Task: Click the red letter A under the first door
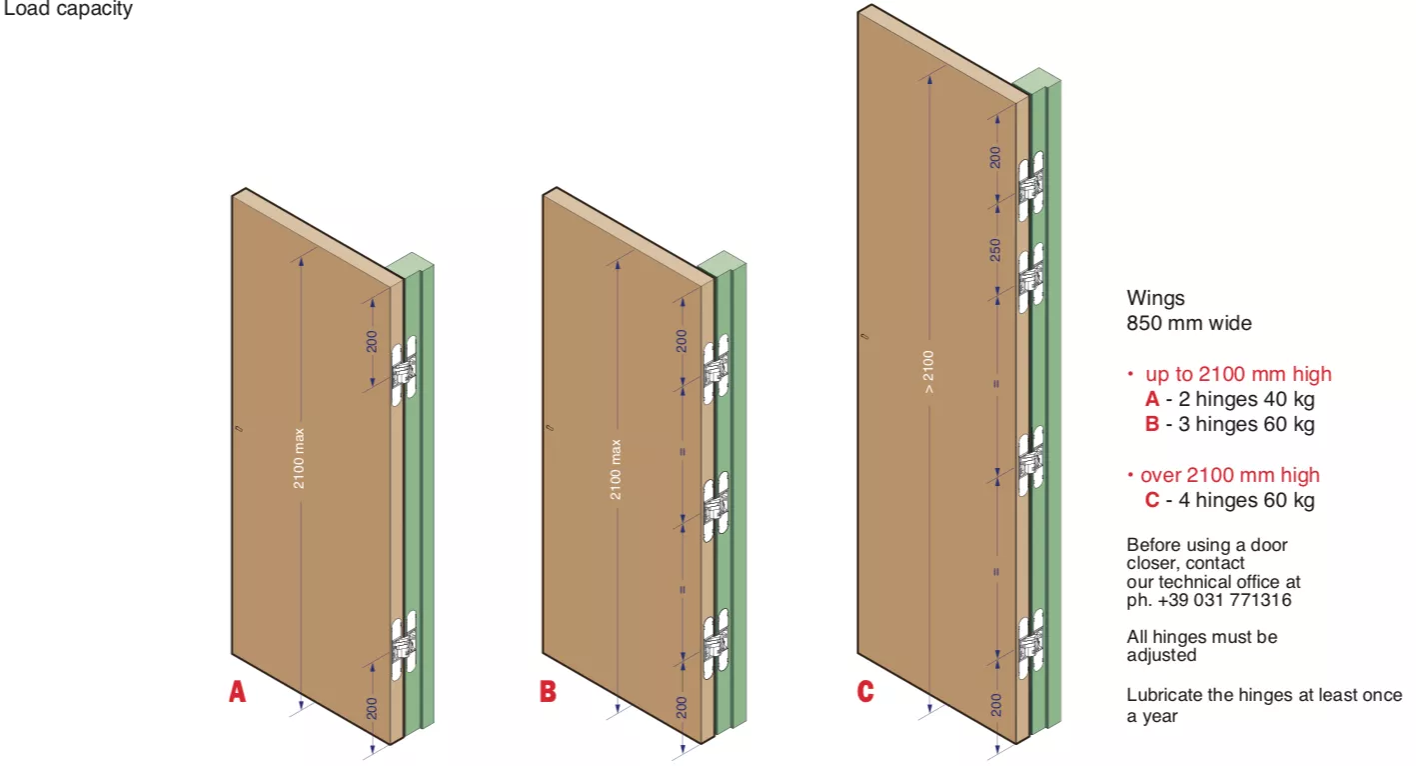[237, 691]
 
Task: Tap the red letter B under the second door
[548, 691]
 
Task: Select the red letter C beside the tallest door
[865, 691]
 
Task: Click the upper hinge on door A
[404, 371]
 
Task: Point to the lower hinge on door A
[404, 645]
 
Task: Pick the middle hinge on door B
[716, 507]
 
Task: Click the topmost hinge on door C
[1031, 186]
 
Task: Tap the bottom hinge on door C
[1031, 644]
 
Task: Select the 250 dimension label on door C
[995, 250]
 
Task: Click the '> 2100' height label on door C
[928, 372]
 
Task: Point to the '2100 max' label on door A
[299, 459]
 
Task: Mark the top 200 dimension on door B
[681, 341]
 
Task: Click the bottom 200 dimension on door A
[371, 708]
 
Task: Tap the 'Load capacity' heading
[68, 9]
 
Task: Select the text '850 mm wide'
[1189, 323]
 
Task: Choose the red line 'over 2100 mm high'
[1230, 475]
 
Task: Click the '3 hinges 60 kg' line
[1246, 424]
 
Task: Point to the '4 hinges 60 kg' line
[1246, 500]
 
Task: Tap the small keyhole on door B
[550, 428]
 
